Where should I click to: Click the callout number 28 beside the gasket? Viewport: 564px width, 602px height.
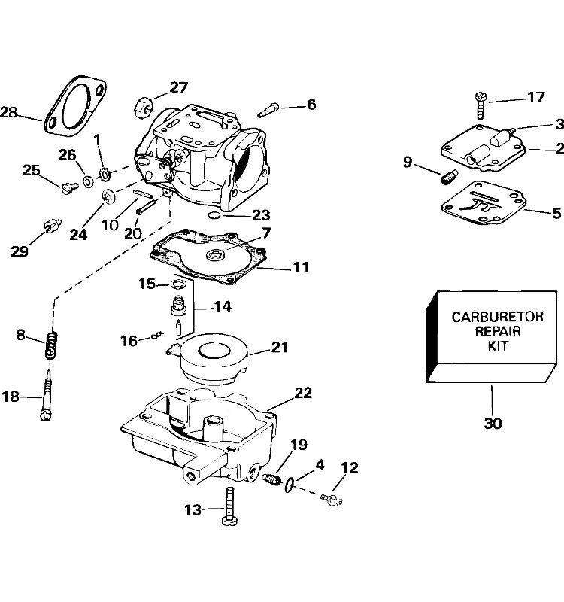[9, 113]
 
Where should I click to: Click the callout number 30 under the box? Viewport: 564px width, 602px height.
[493, 423]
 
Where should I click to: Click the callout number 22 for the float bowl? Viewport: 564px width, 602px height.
[303, 393]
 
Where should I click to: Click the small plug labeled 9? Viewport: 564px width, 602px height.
[450, 178]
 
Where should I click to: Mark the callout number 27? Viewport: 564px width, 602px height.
[178, 87]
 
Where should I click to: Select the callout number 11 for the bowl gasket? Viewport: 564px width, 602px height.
[301, 267]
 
